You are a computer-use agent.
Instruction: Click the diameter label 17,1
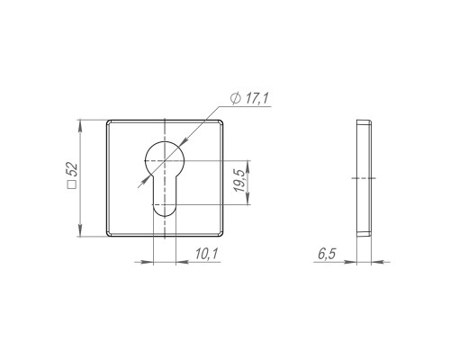point(257,98)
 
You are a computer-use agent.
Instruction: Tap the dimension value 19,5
point(239,181)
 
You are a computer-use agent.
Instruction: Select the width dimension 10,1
point(207,254)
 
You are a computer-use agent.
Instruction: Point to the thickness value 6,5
point(327,254)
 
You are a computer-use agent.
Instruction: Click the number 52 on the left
point(72,170)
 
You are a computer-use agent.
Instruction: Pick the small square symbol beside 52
point(72,184)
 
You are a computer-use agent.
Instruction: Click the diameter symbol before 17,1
point(236,98)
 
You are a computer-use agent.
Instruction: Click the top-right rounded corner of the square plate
point(221,122)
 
